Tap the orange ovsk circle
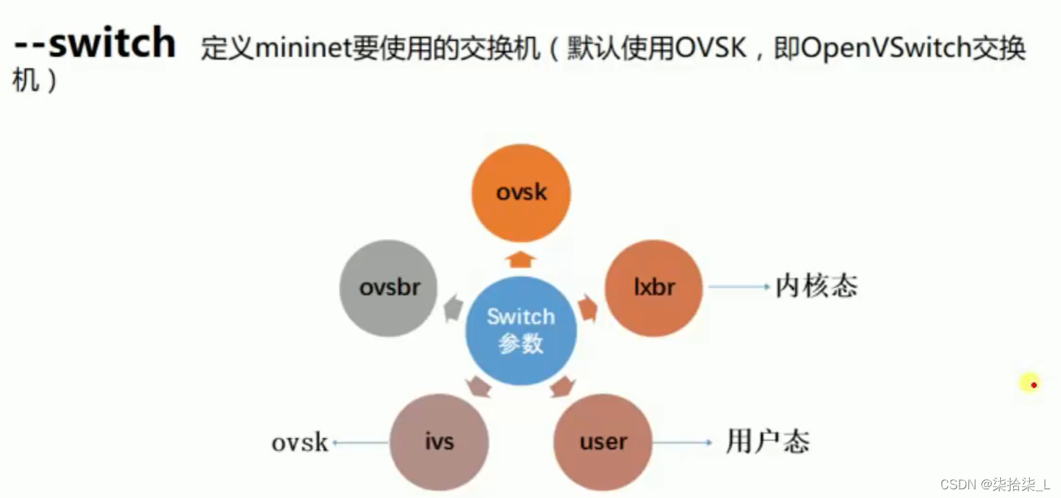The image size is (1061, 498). point(521,193)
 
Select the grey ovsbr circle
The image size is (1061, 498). point(389,288)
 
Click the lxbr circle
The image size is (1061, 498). point(654,287)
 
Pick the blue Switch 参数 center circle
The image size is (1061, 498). point(521,330)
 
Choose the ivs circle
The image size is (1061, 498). point(439,442)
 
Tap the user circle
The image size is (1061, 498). point(602,442)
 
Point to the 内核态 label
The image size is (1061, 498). point(816,287)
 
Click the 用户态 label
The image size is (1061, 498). point(767,442)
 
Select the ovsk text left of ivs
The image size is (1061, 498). point(299,442)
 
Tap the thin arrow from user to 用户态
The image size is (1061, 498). point(683,442)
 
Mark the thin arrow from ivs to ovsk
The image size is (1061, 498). point(359,442)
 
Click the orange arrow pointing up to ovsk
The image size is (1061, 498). point(521,258)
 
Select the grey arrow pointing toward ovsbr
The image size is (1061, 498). point(453,309)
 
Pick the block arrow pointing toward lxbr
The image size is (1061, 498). point(587,309)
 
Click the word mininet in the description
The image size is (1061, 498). point(304,49)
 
